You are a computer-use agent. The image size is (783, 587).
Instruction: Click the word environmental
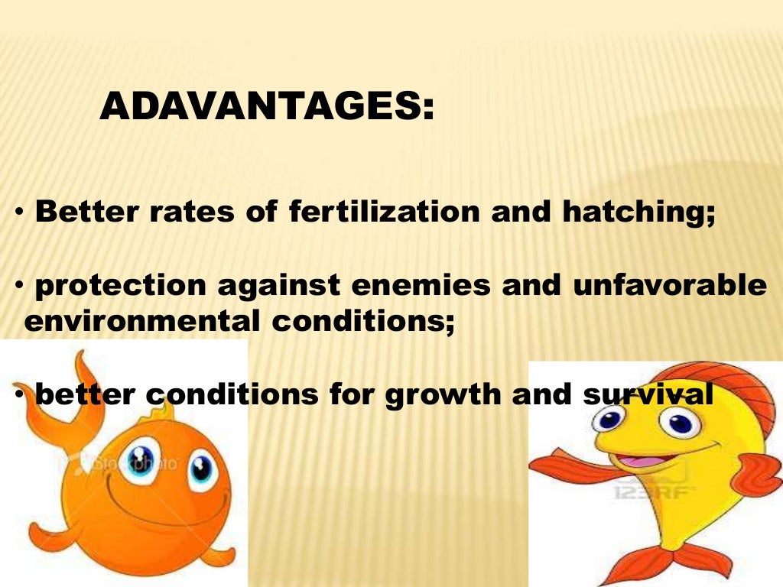pyautogui.click(x=141, y=321)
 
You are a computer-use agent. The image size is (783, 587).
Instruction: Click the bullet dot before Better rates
pyautogui.click(x=21, y=213)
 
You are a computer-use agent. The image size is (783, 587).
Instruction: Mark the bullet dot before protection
pyautogui.click(x=21, y=287)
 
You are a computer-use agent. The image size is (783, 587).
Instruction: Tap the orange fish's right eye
pyautogui.click(x=202, y=467)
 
